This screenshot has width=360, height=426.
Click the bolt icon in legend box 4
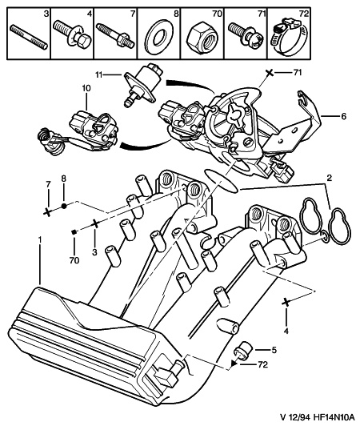72,37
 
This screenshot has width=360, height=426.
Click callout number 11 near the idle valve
101,74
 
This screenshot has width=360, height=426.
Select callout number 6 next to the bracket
344,116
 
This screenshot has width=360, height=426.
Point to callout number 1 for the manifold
38,239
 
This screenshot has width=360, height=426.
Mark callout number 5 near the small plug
274,349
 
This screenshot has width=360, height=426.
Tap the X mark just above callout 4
286,303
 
